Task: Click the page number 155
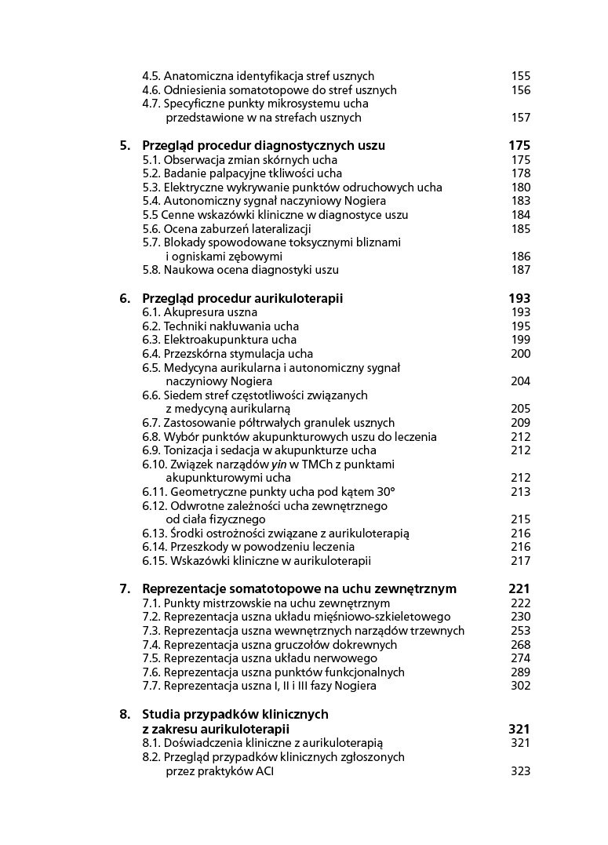(521, 76)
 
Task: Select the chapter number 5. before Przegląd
(125, 145)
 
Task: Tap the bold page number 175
(519, 145)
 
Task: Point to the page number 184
(521, 215)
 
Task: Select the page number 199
(521, 340)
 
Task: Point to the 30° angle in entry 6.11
(383, 492)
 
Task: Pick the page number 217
(521, 561)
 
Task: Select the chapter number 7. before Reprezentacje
(125, 588)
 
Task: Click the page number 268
(521, 644)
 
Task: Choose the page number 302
(521, 686)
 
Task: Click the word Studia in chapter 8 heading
(162, 714)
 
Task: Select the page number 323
(521, 770)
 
